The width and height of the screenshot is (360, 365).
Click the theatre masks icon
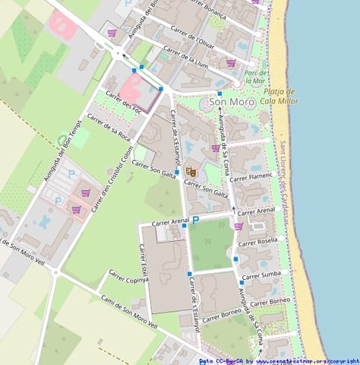tap(191, 173)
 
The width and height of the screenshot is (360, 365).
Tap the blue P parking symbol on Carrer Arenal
tap(194, 220)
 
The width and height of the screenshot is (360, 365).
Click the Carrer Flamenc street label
tap(251, 176)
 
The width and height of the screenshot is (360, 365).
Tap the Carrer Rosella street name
tap(258, 241)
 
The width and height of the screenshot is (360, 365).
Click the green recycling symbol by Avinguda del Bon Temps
tap(62, 140)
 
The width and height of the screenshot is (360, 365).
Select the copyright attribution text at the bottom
tap(279, 361)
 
